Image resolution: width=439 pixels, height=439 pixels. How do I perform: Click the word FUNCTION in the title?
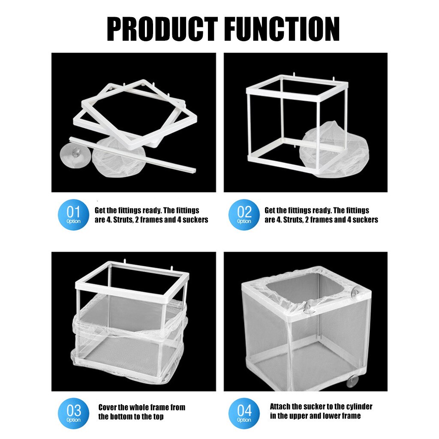[280, 29]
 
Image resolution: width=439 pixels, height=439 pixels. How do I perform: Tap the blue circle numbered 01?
[73, 215]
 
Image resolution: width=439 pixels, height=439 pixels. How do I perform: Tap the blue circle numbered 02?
[244, 215]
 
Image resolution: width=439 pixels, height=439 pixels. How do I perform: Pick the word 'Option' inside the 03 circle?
[73, 420]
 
